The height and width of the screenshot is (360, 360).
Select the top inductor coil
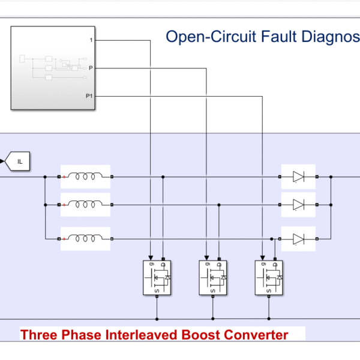point(85,177)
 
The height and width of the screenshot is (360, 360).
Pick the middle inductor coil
point(85,205)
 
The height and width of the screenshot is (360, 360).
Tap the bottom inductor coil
point(85,239)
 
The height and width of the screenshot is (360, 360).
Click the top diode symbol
point(299,177)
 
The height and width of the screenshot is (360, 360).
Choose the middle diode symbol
point(299,205)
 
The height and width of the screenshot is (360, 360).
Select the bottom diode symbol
point(299,239)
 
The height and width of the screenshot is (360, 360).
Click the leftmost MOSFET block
point(157,278)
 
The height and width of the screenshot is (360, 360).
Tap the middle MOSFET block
point(214,278)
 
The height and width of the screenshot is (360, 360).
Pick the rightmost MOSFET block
point(269,278)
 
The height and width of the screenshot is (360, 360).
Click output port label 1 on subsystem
point(91,40)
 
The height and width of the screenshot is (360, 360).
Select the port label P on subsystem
point(91,68)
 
